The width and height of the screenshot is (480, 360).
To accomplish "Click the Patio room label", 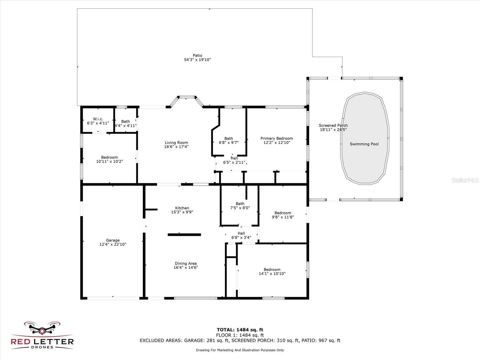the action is (197, 55).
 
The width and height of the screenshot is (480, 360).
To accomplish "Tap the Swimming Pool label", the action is (364, 144).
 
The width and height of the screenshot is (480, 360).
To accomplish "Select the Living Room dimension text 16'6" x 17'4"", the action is (176, 147).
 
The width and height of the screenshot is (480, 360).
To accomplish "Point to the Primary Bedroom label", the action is (277, 138).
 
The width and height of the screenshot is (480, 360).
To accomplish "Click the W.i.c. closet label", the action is (98, 119).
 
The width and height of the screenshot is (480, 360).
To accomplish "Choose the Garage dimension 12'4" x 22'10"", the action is (113, 244).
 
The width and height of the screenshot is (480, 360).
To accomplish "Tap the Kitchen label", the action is (182, 208).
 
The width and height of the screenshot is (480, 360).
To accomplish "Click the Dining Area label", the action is (186, 263).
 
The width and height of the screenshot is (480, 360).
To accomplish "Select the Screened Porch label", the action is (333, 125).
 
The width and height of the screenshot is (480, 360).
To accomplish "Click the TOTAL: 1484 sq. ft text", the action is (240, 330).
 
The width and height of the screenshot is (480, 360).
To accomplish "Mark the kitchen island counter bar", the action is (184, 235).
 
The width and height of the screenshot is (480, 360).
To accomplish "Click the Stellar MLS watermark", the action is (465, 180).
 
